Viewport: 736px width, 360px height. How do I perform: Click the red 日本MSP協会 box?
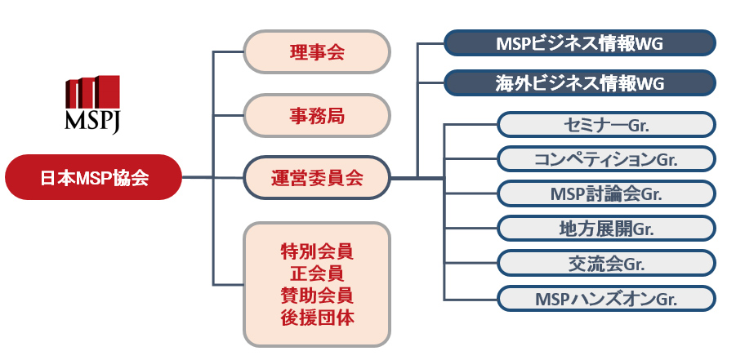(x=93, y=177)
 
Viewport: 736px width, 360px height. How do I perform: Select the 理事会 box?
(x=317, y=51)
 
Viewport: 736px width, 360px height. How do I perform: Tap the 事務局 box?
(x=317, y=115)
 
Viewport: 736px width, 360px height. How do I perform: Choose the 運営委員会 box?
(x=317, y=178)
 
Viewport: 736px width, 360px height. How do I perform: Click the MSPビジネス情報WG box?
(x=580, y=43)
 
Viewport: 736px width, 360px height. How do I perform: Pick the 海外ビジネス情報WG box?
(x=580, y=83)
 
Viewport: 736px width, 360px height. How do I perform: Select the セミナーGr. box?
(x=606, y=124)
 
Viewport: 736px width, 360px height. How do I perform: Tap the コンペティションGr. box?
(x=606, y=159)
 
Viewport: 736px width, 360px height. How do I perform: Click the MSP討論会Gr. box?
(x=606, y=193)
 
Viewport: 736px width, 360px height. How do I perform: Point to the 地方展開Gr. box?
(x=606, y=229)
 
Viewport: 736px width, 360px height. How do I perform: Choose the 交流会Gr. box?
(x=606, y=264)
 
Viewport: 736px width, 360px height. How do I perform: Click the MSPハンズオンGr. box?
(x=606, y=298)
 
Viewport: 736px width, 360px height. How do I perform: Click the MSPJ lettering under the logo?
(x=92, y=122)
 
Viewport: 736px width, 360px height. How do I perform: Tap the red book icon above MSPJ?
(x=92, y=92)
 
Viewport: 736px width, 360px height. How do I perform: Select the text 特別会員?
(x=317, y=252)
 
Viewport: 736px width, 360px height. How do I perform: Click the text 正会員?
(x=317, y=273)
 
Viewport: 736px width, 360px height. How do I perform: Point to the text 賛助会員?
(x=317, y=296)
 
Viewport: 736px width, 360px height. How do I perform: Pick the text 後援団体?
(x=317, y=318)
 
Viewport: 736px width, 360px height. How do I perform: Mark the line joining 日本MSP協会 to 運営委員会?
(x=212, y=177)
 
